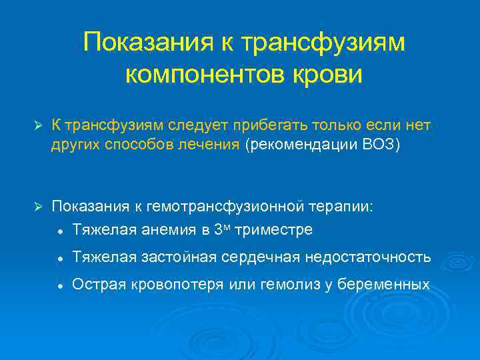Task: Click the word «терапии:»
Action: coord(343,207)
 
